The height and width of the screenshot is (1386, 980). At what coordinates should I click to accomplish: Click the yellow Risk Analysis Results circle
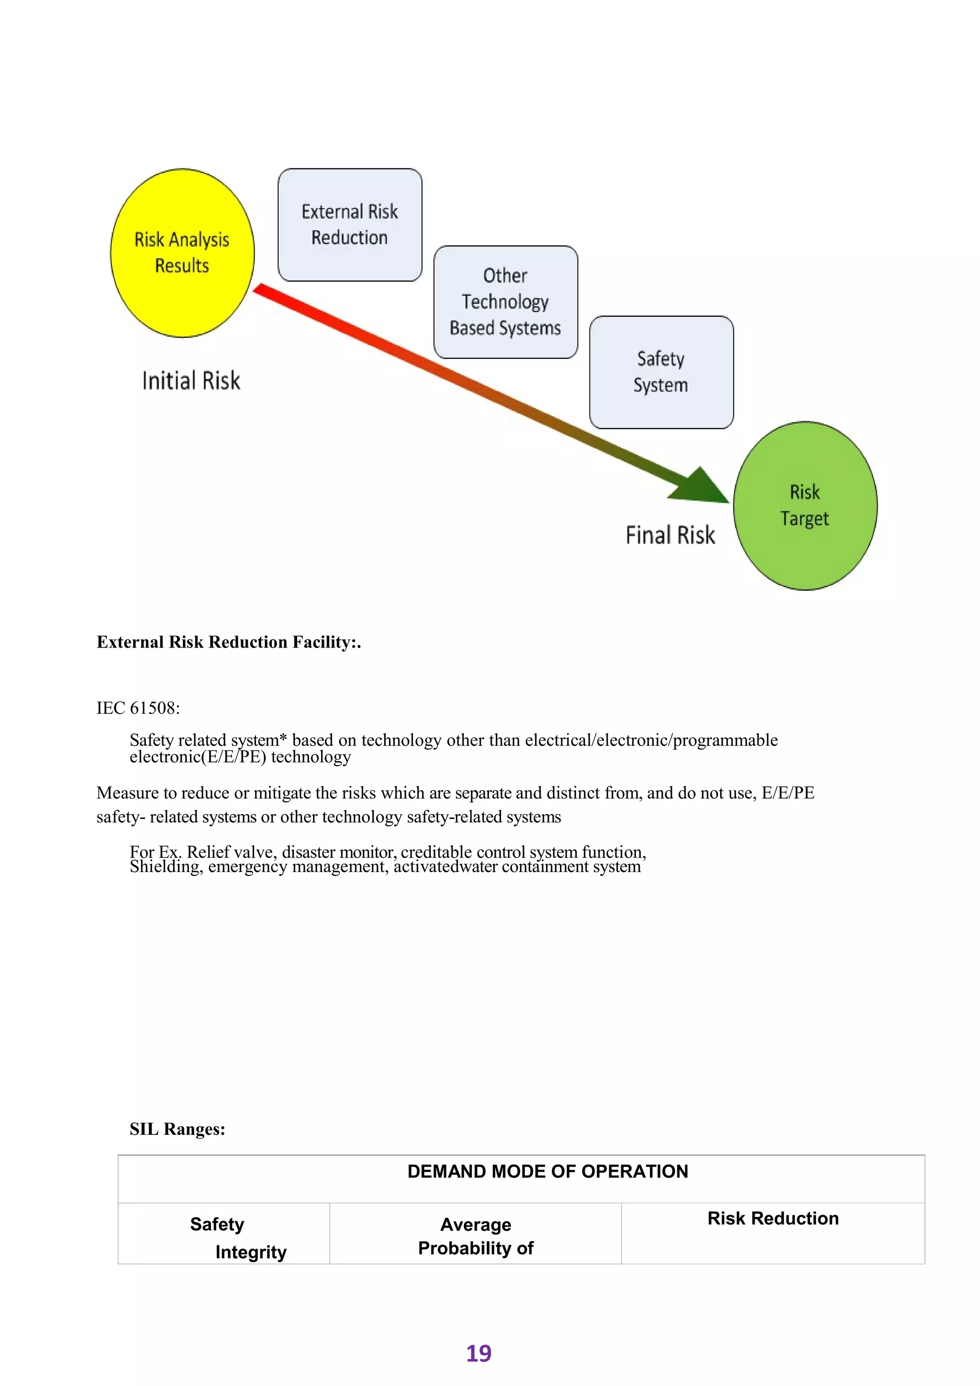(x=182, y=252)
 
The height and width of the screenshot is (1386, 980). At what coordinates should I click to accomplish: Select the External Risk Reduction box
(x=349, y=224)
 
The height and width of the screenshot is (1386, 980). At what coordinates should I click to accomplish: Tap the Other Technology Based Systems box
(x=505, y=302)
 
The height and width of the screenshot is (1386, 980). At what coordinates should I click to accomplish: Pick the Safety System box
(x=661, y=372)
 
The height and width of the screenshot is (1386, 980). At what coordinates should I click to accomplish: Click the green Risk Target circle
(x=805, y=506)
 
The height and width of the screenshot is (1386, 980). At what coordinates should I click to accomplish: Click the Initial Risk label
(x=191, y=381)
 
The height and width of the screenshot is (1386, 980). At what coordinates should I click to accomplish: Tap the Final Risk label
(x=670, y=536)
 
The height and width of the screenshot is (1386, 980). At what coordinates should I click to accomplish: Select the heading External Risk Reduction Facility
(x=229, y=642)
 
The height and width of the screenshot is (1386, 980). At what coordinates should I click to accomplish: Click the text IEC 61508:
(x=138, y=708)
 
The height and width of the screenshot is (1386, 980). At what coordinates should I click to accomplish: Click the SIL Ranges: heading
(x=178, y=1129)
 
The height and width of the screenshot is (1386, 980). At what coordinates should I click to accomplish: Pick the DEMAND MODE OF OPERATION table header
(x=547, y=1172)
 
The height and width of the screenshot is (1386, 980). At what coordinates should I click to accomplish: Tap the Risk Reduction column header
(x=772, y=1218)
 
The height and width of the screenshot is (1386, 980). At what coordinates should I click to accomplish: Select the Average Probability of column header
(x=476, y=1236)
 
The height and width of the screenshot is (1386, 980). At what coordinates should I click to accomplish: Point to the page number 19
(x=479, y=1354)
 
